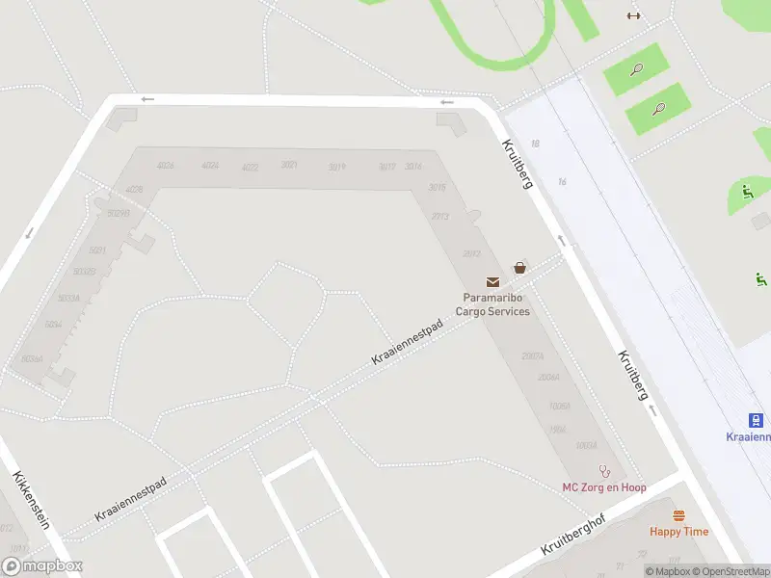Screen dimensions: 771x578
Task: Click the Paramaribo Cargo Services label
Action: click(496, 304)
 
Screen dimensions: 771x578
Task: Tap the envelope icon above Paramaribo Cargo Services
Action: click(493, 282)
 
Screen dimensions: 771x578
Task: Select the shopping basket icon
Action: click(520, 268)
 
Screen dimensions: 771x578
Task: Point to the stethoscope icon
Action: click(605, 472)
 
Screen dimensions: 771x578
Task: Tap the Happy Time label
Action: click(678, 532)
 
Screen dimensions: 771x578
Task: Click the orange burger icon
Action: click(678, 516)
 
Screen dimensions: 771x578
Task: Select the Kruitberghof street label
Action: click(578, 533)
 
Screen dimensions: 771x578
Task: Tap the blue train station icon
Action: click(757, 420)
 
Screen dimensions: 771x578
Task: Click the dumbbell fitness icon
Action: click(633, 15)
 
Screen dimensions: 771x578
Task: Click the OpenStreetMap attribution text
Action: click(729, 572)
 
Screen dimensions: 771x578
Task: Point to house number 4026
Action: click(166, 166)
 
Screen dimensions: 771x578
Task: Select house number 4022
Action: click(251, 167)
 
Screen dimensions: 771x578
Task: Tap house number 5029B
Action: click(119, 213)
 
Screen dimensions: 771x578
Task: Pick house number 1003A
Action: click(586, 446)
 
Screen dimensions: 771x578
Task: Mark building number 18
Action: click(535, 144)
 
